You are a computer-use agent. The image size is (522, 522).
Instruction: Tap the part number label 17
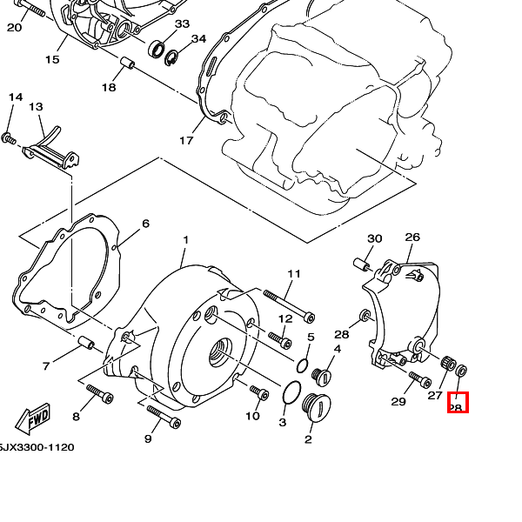coord(185,140)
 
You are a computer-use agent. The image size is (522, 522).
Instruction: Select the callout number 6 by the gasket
coord(145,224)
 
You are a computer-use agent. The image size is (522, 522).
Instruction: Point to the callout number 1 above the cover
coord(185,239)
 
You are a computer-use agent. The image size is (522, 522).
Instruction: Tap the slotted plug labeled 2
coord(312,408)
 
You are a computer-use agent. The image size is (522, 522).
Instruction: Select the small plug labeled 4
coord(321,376)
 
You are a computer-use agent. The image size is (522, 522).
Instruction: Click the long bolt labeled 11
coord(286,302)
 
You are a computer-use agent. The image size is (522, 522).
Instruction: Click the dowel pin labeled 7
coord(86,340)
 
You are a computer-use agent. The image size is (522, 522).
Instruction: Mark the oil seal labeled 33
coord(158,49)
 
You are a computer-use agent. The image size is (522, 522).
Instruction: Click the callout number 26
coord(412,237)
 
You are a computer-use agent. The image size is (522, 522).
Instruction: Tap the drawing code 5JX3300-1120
coord(37,447)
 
